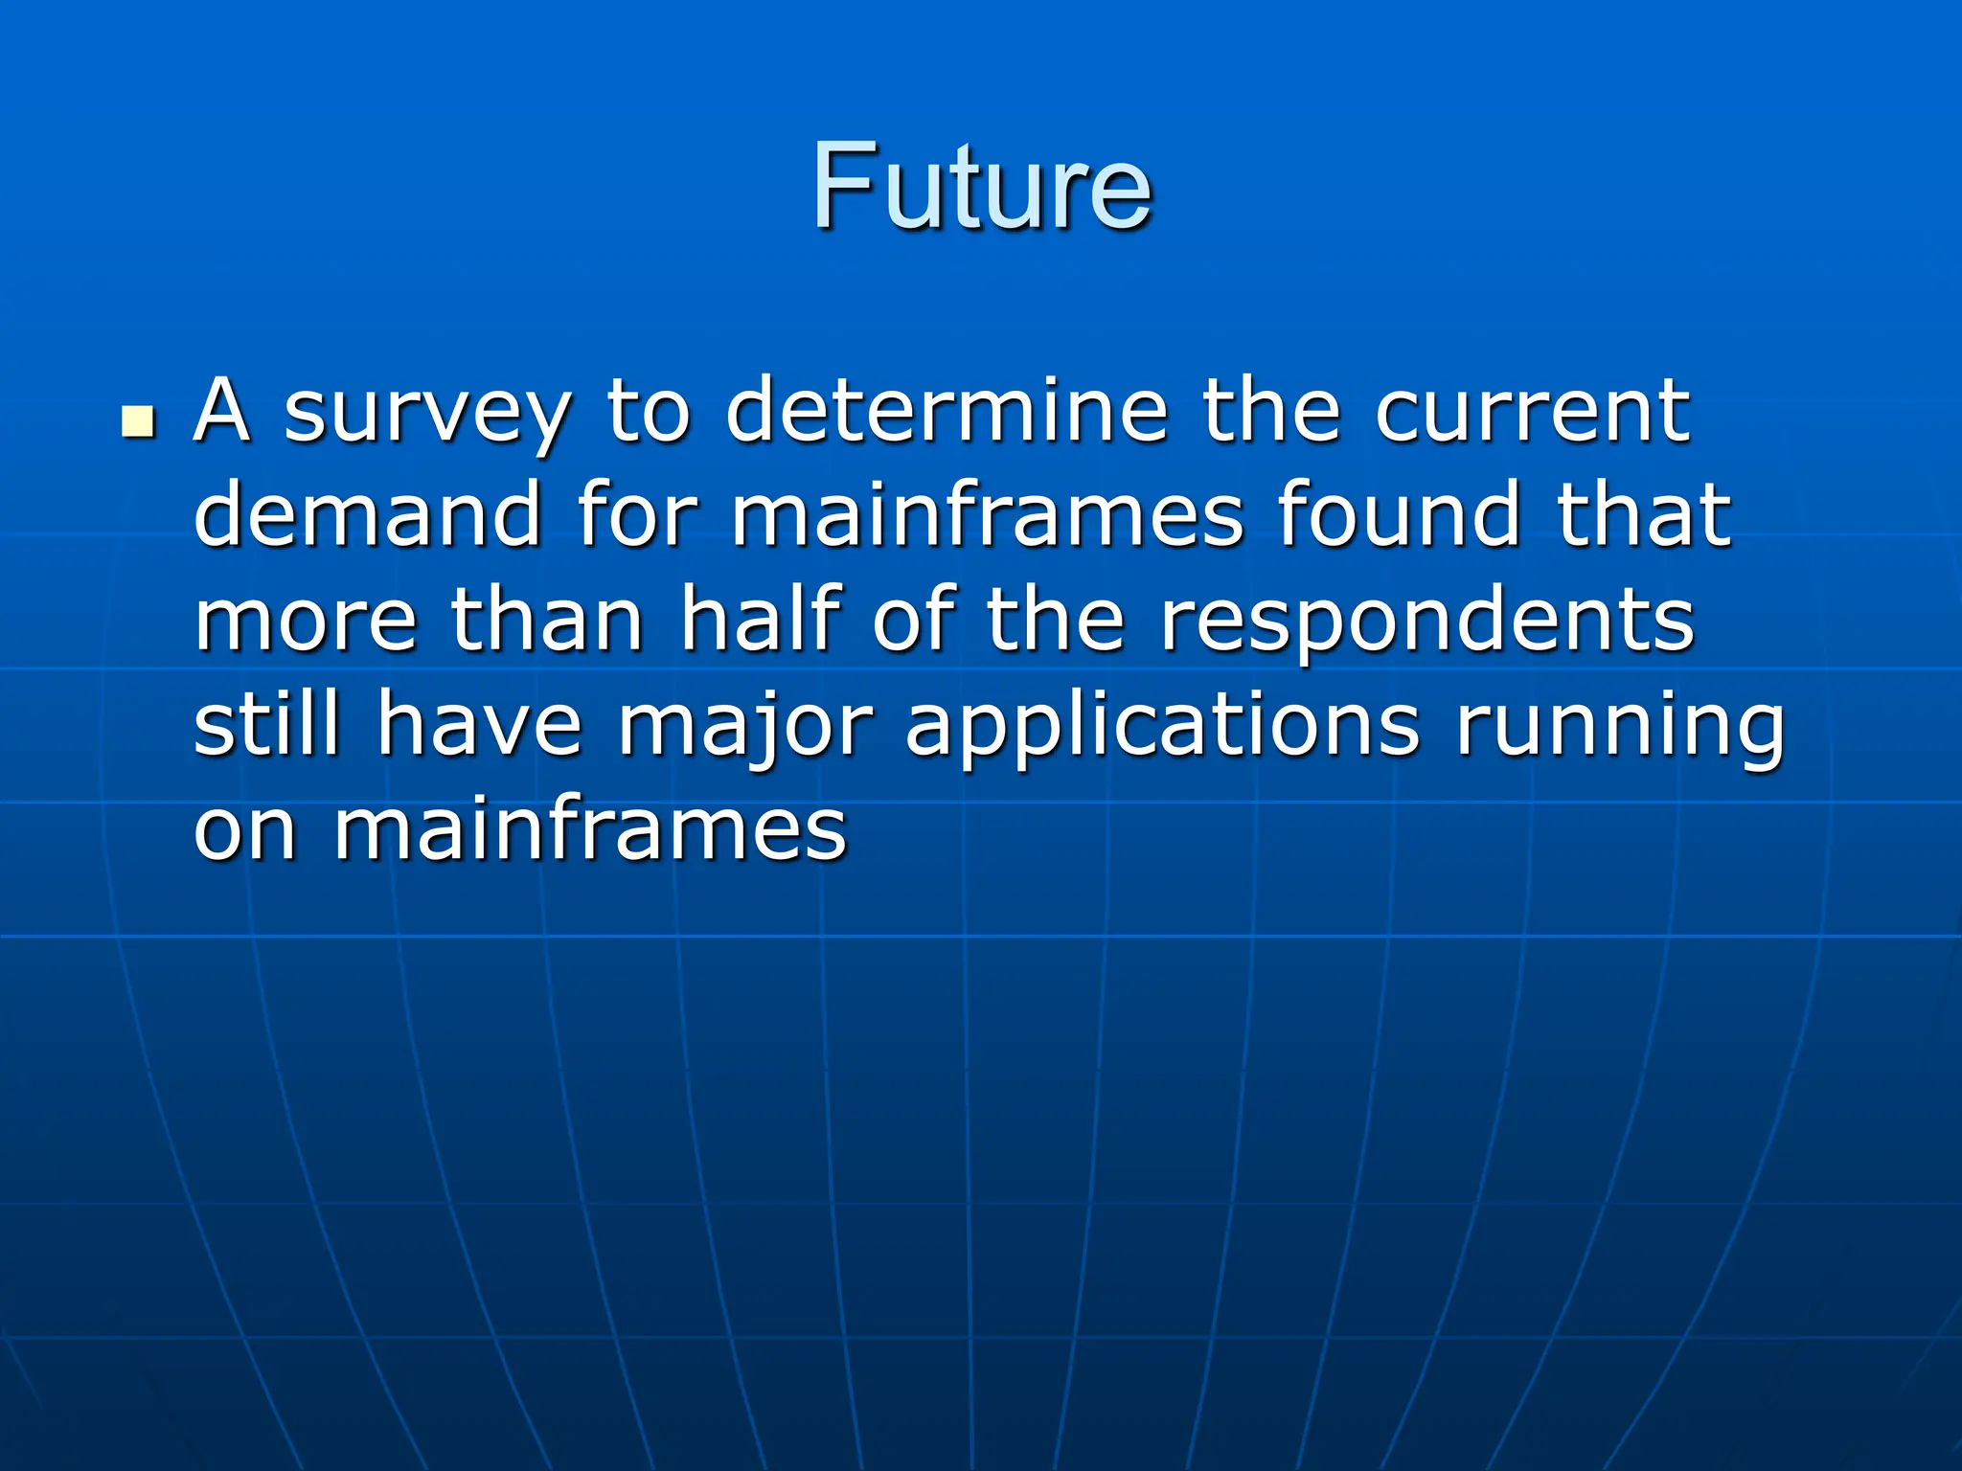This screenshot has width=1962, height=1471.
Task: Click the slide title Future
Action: tap(981, 186)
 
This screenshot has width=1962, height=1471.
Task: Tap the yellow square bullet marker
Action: tap(139, 420)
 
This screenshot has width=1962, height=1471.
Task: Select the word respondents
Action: tap(1426, 622)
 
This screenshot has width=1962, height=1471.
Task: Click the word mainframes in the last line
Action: tap(590, 828)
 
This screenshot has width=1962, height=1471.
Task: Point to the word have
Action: tap(479, 725)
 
